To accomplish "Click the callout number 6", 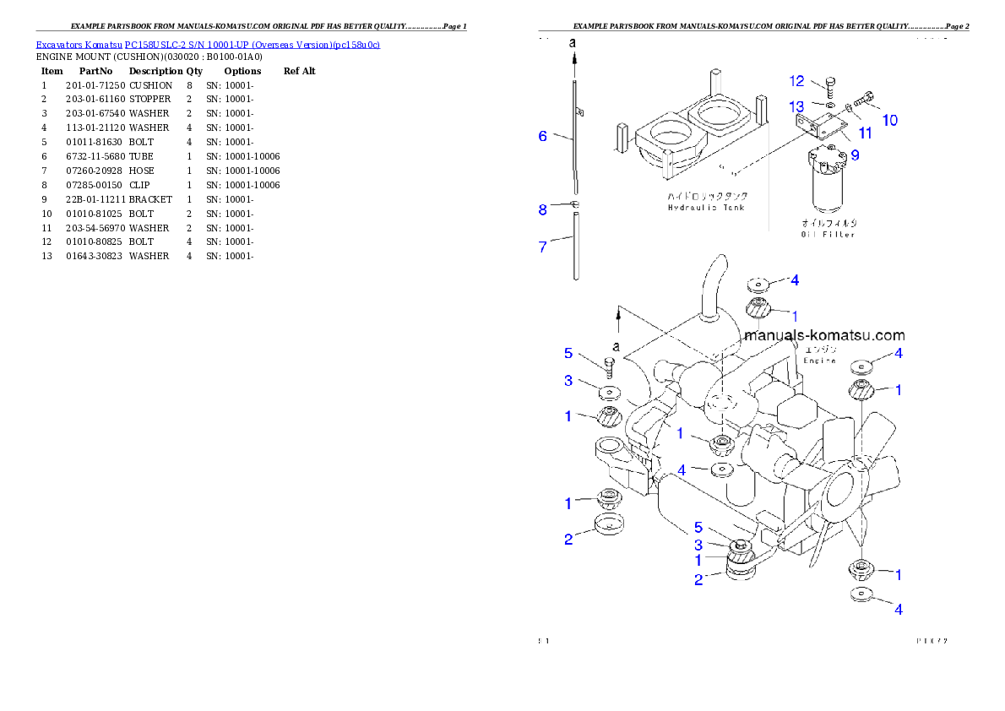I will point(544,136).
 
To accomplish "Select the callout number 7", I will point(544,247).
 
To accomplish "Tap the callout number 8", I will point(544,209).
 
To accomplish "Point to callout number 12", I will point(797,81).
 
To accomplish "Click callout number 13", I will point(797,106).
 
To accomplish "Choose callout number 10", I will point(889,120).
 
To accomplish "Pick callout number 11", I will point(866,133).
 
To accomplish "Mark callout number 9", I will point(855,155).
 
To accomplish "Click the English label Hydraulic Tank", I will point(705,208).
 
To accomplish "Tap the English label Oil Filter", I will point(828,235).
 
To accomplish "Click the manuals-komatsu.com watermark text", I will point(824,335).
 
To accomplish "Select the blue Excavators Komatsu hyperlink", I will point(208,44).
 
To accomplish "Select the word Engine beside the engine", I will point(819,361).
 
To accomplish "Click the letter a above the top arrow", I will point(573,42).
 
